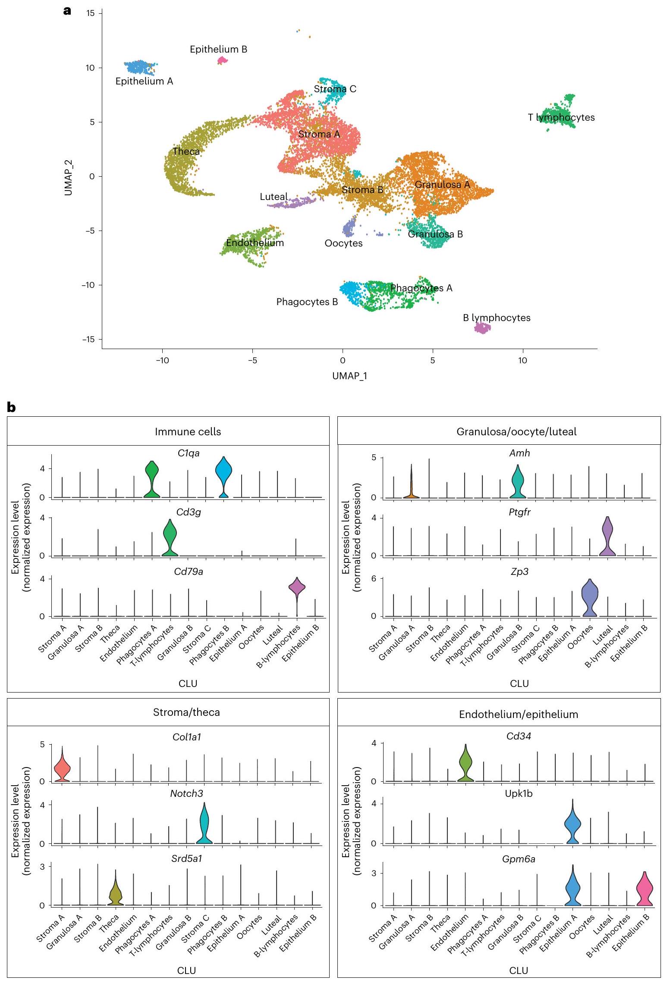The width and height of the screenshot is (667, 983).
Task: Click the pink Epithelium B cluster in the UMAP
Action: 222,60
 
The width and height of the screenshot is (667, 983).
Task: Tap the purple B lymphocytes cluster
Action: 482,328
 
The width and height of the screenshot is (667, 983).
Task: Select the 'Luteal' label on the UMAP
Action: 274,197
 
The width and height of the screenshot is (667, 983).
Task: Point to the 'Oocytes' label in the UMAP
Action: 343,243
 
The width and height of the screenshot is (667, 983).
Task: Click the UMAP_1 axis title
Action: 349,376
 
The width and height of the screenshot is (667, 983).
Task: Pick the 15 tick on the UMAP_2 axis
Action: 90,13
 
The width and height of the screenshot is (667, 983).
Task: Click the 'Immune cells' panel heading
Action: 188,432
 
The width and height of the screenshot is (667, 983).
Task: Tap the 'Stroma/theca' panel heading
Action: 186,712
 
